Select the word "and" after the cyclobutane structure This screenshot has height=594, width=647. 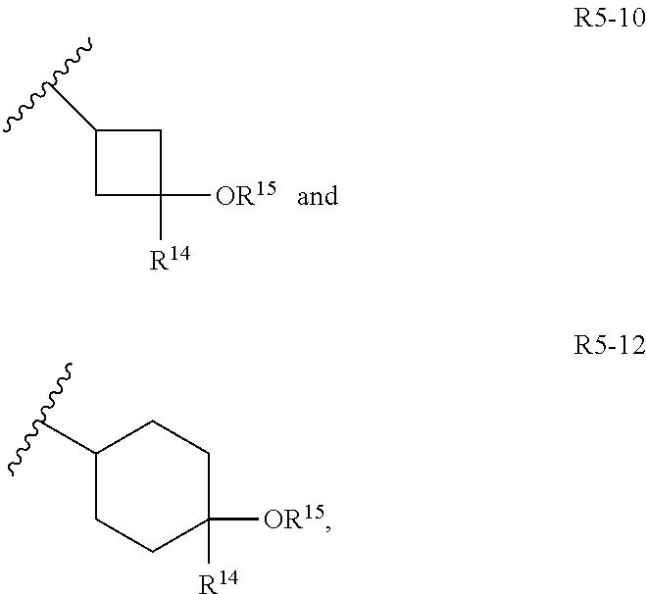pyautogui.click(x=317, y=197)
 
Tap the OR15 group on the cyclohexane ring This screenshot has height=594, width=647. pyautogui.click(x=295, y=520)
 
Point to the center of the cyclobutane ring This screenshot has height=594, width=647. pyautogui.click(x=128, y=163)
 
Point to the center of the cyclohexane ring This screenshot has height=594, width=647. pyautogui.click(x=153, y=487)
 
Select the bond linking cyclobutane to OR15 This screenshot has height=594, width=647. pyautogui.click(x=185, y=195)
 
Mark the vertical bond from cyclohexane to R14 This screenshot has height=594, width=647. pyautogui.click(x=211, y=543)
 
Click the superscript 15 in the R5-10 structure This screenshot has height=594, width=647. pyautogui.click(x=262, y=187)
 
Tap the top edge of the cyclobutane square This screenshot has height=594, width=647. pyautogui.click(x=128, y=129)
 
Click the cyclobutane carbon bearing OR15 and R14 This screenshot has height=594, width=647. pyautogui.click(x=162, y=195)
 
